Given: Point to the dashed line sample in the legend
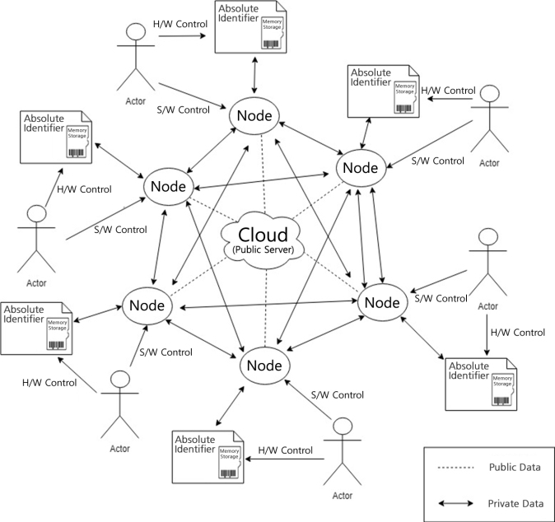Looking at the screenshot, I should pos(455,468).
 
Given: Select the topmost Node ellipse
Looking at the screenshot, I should pos(254,114).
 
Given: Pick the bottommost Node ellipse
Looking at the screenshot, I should pos(265,362).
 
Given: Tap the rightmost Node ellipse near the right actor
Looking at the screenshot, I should pos(381,302).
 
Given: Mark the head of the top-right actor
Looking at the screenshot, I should pos(492,94).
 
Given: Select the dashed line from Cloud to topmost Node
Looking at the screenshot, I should pos(259,173).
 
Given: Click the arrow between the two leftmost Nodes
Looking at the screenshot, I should pos(159,240).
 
